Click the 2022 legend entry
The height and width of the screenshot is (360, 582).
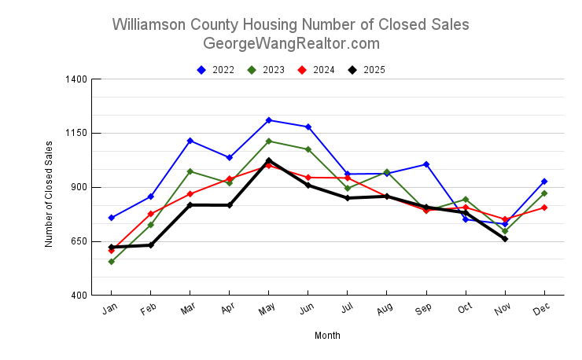pos(215,70)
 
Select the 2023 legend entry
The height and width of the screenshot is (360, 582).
pos(266,70)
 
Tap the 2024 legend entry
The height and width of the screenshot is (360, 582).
pos(316,70)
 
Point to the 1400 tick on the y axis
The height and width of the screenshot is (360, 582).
pos(78,79)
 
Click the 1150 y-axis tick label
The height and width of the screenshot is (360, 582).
pos(78,134)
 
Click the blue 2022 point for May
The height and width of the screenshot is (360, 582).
pos(269,120)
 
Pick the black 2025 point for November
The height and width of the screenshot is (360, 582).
pos(505,239)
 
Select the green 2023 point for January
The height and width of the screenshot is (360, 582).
pos(112,262)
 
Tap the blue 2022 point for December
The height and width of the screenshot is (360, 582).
pos(544,182)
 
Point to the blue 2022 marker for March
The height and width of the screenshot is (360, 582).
pos(190,141)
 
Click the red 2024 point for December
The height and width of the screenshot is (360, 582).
pos(544,208)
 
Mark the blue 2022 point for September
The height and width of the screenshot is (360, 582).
pos(426,164)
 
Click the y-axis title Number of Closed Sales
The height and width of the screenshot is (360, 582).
pos(49,194)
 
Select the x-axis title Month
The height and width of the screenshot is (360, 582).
pos(327,336)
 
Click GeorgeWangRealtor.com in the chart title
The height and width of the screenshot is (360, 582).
pos(291,43)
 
